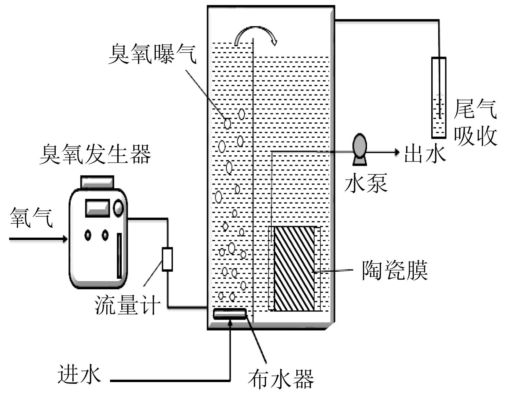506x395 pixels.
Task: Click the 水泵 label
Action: click(366, 183)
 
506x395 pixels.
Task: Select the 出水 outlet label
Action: click(425, 154)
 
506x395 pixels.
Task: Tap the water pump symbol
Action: click(360, 150)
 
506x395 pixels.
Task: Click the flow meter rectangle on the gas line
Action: click(167, 259)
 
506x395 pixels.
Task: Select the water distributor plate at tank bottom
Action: click(230, 314)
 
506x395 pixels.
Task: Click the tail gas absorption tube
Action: click(439, 98)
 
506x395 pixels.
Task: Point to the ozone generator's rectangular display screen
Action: click(98, 208)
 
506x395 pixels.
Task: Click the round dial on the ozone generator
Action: click(119, 208)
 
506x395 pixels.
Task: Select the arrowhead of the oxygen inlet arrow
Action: click(65, 239)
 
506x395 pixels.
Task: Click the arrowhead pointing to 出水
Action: click(397, 152)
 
